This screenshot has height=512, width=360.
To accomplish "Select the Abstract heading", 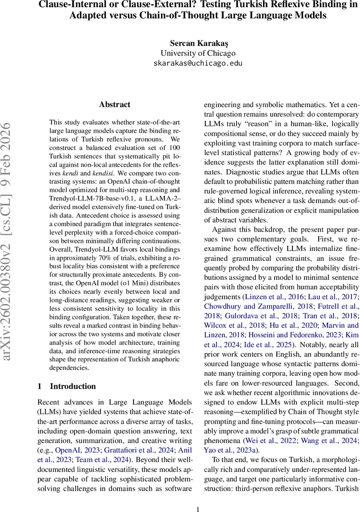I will [x=114, y=105].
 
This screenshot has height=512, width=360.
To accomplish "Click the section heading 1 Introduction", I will [x=67, y=386].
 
